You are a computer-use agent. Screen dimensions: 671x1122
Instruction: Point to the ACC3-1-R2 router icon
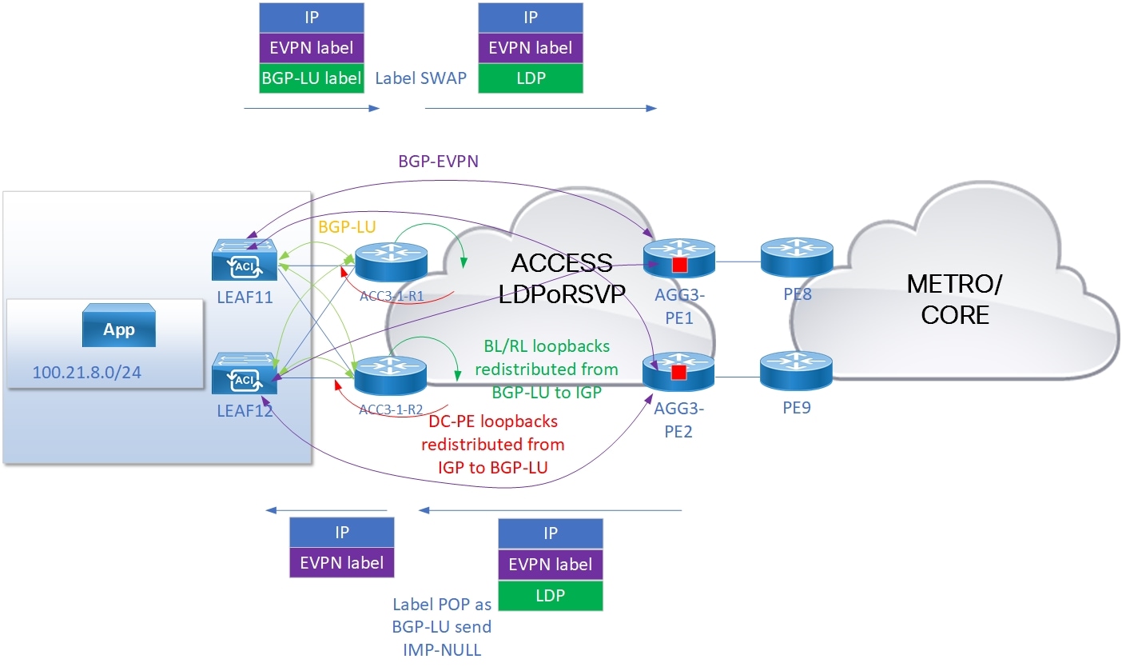(x=392, y=374)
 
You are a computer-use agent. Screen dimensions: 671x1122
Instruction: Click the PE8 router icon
(x=796, y=258)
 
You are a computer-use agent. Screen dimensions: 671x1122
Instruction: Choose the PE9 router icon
(x=796, y=371)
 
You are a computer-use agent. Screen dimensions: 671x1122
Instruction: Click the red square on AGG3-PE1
(x=679, y=265)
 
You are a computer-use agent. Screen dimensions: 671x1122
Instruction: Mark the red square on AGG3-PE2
(x=679, y=372)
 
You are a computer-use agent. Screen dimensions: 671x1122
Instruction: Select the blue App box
(x=119, y=330)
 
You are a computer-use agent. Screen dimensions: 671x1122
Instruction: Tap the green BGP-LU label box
(x=312, y=78)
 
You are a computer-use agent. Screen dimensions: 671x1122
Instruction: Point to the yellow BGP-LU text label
(x=347, y=226)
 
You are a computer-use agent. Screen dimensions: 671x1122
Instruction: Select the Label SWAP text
(x=420, y=79)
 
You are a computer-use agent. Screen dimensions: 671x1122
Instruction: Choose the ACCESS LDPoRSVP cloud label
(x=562, y=278)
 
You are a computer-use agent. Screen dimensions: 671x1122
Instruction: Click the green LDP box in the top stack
(x=530, y=78)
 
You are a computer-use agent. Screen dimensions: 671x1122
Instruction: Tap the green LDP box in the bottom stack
(x=550, y=595)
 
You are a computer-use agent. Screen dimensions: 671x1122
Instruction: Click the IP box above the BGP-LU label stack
(x=312, y=18)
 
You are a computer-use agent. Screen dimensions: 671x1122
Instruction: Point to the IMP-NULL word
(x=443, y=649)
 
